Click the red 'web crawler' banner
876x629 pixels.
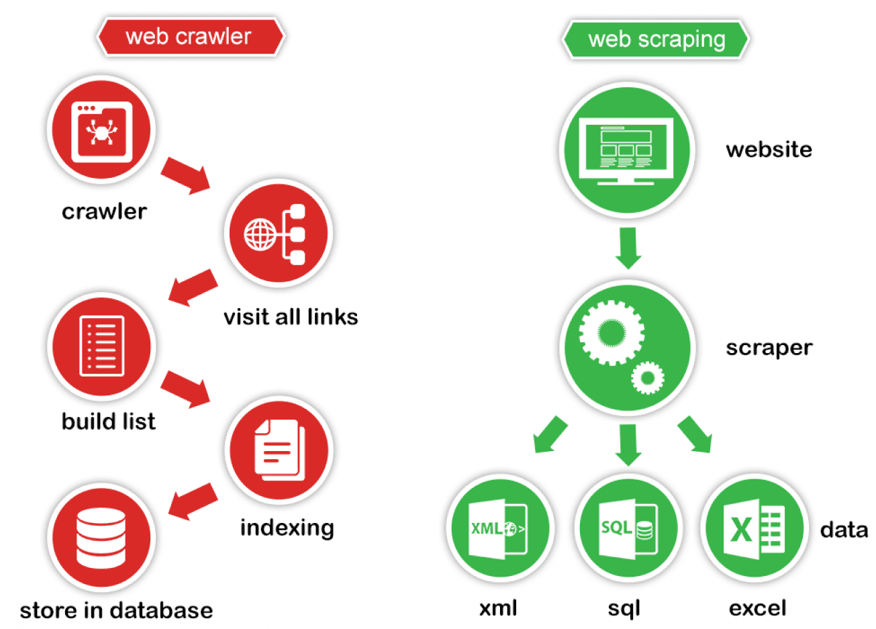coord(190,37)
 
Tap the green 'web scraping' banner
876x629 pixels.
coord(655,40)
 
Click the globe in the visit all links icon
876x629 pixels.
coord(260,234)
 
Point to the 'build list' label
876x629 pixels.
coord(108,422)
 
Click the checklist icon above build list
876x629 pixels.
coord(102,346)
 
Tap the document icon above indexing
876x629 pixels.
coord(279,450)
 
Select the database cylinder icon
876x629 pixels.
coord(101,538)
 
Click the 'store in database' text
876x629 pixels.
coord(116,610)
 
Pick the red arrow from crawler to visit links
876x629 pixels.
coord(185,175)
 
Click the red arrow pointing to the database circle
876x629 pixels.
coord(193,500)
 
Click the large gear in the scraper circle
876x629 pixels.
coord(611,332)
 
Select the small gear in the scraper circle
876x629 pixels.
coord(647,378)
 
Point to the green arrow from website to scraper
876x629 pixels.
coord(628,247)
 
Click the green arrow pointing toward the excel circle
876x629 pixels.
coord(695,434)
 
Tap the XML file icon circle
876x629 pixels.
coord(499,528)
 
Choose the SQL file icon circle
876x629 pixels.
coord(628,528)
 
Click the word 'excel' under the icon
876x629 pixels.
coord(757,608)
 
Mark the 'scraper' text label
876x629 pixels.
coord(769,348)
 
